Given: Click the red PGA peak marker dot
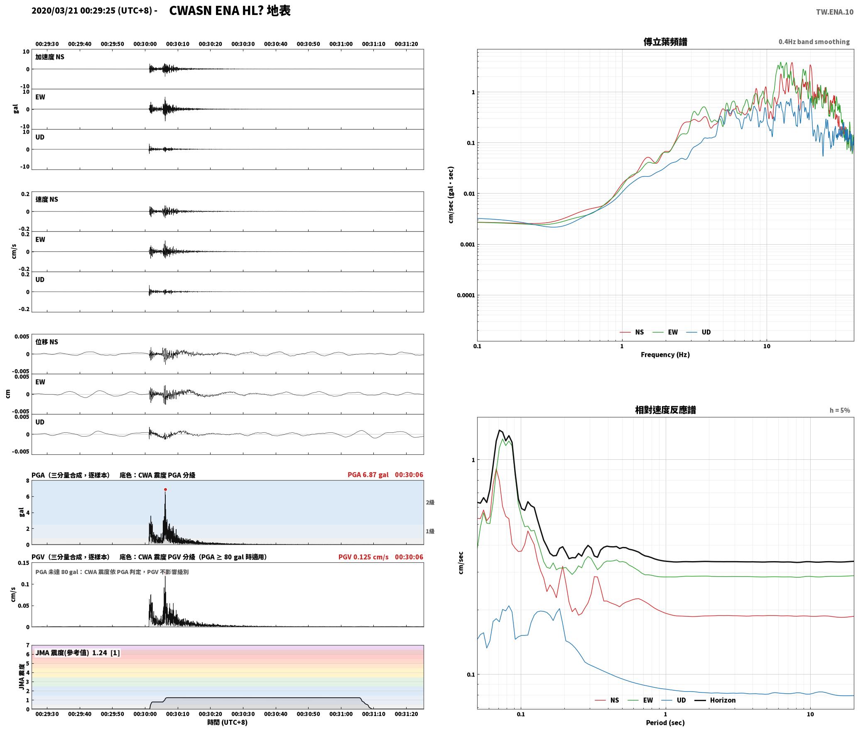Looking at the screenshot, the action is pos(165,490).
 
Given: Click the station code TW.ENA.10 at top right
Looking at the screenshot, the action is pos(835,12).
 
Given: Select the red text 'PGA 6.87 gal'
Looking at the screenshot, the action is pos(368,475).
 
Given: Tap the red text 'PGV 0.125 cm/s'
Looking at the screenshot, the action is pos(363,557).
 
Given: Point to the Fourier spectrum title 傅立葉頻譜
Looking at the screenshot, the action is pos(665,42).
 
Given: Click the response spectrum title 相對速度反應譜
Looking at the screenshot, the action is pos(665,410).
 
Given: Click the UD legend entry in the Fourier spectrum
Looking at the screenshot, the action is pos(698,332).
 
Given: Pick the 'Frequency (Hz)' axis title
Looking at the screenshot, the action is pos(665,355).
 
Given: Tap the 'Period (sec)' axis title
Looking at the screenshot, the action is pos(665,723).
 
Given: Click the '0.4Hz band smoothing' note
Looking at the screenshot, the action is pos(814,42).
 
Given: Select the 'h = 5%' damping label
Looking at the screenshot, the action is pos(840,410).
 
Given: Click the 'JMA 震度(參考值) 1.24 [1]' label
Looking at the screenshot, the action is pos(78,653).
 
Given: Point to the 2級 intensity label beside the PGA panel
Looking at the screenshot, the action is pos(430,503).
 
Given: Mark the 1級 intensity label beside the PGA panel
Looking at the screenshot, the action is pos(430,531).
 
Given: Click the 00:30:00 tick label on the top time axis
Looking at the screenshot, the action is pos(145,44).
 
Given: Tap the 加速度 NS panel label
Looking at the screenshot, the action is pos(50,57).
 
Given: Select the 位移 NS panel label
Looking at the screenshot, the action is pos(47,342).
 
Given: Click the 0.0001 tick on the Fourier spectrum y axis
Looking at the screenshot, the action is pos(466,295).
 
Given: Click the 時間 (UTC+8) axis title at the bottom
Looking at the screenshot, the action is pos(228,722).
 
